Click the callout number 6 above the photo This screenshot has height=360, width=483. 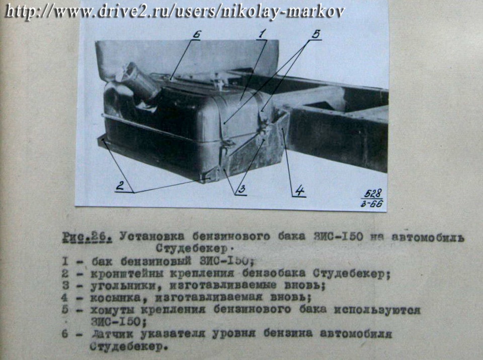tap(196, 34)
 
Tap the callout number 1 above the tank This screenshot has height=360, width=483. tap(263, 33)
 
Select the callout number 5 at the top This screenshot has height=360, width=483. tap(316, 34)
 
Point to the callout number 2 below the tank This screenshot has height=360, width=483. tap(120, 186)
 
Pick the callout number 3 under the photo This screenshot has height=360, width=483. tap(242, 189)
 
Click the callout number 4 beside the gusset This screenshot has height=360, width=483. tap(299, 191)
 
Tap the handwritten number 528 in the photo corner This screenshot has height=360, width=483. tap(373, 194)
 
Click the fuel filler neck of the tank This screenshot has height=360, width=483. tap(139, 81)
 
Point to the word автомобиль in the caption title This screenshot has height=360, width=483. tap(428, 238)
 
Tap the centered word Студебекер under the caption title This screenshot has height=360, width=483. tap(192, 248)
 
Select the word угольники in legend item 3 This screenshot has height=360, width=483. tap(126, 286)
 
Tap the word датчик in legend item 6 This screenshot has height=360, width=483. tap(112, 334)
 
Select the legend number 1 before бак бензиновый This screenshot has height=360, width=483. tap(65, 261)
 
